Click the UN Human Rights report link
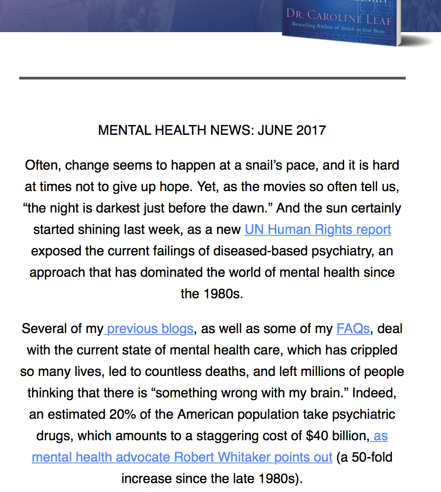tap(318, 229)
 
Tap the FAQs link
tap(353, 329)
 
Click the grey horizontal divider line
tap(212, 78)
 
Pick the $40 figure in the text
tap(316, 436)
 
